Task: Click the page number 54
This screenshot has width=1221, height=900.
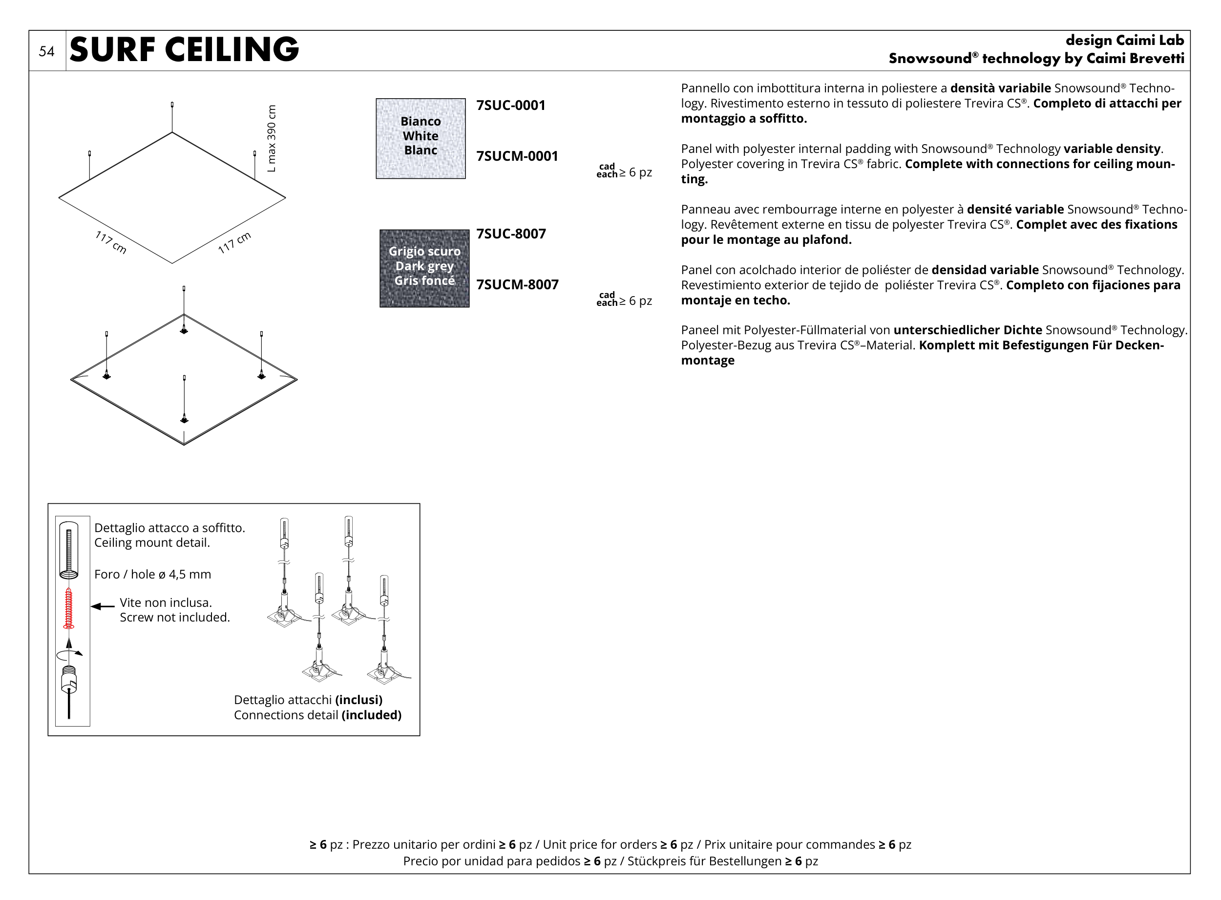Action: point(47,52)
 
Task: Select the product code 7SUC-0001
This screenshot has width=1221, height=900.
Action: point(510,105)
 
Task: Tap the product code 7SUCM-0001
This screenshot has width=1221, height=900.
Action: point(517,156)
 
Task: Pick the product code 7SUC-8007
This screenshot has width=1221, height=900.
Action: point(511,234)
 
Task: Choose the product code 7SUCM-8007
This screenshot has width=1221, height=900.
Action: point(517,285)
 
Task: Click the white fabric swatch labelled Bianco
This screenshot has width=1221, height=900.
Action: point(421,138)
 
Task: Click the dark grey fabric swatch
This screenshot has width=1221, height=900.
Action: point(424,269)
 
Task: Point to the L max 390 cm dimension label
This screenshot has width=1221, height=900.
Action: point(272,138)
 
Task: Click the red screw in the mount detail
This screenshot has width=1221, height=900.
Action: point(68,608)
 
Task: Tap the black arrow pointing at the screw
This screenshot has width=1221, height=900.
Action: point(103,606)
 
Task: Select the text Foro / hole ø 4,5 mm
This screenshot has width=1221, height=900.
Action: point(152,574)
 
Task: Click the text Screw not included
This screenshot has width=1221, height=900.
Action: point(175,617)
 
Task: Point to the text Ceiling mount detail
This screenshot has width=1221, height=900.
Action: point(152,543)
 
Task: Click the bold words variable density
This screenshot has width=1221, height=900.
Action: point(1112,149)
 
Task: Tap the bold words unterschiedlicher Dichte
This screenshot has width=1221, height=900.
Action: point(967,330)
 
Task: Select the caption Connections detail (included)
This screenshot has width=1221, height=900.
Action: point(317,715)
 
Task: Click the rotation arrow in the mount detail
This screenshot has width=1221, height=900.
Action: point(69,653)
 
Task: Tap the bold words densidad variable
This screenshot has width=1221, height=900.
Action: point(985,270)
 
